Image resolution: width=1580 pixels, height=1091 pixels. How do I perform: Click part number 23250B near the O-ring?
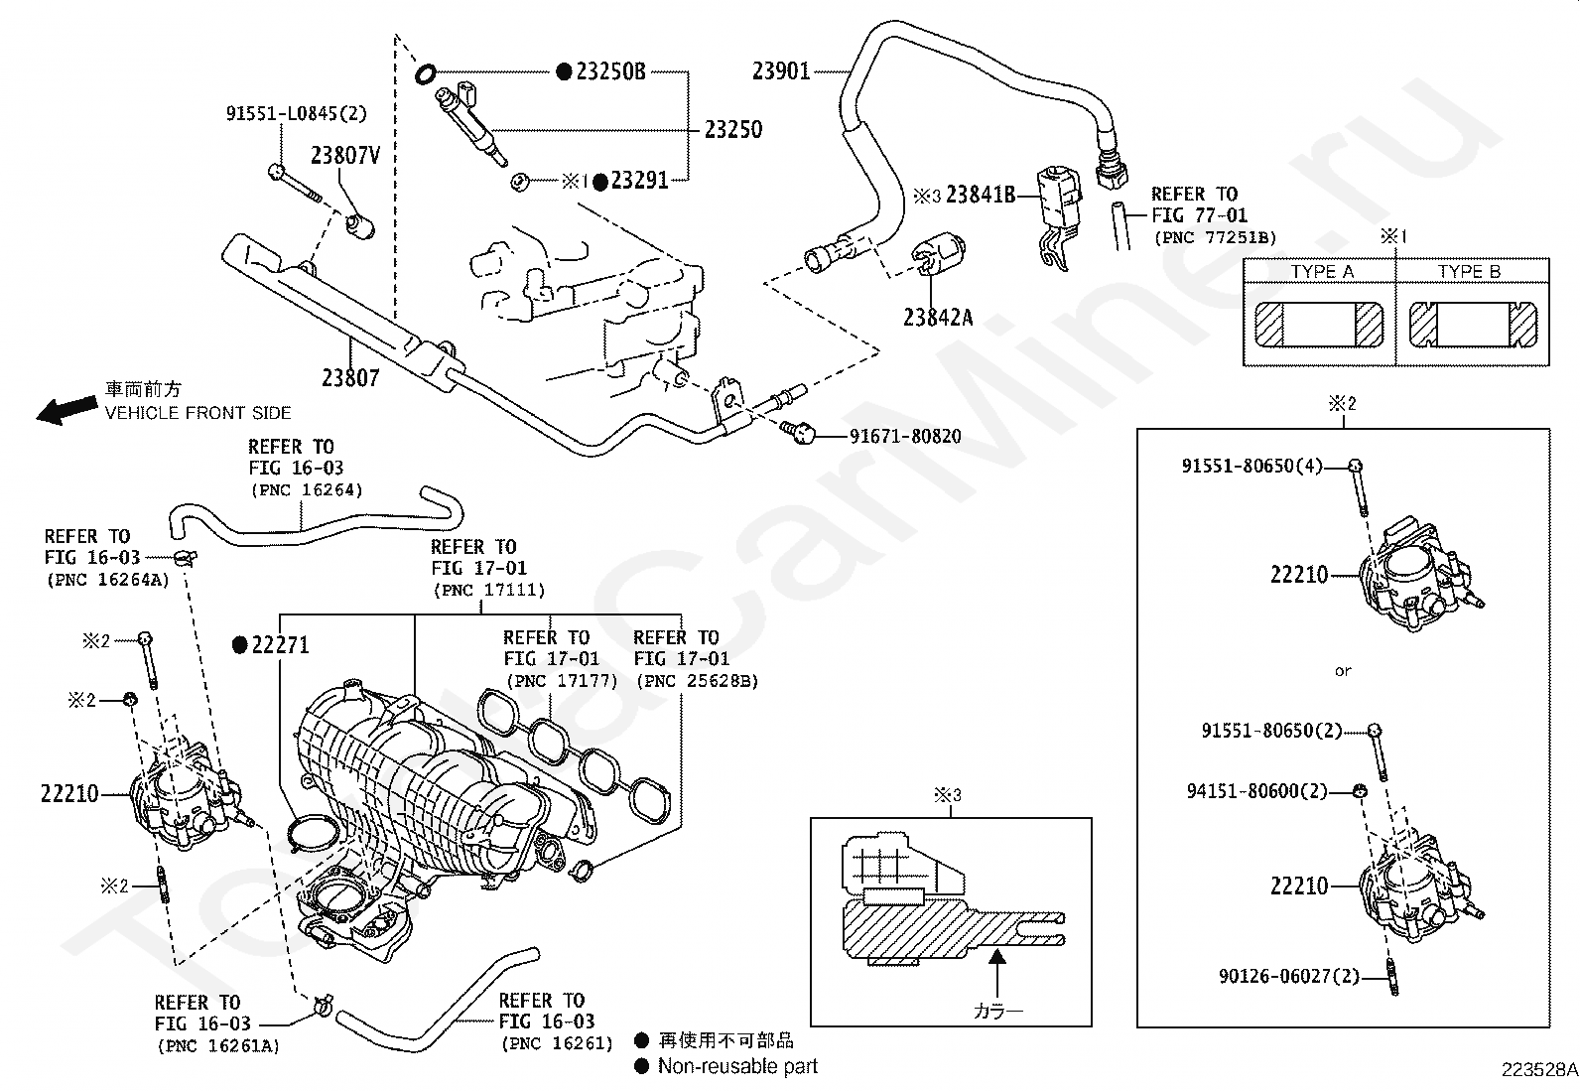(x=610, y=71)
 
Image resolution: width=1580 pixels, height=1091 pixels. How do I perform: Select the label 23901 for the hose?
(x=781, y=71)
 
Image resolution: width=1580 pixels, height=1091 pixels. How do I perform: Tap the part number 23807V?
(x=345, y=155)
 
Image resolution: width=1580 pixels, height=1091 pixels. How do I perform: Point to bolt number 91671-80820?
(x=905, y=436)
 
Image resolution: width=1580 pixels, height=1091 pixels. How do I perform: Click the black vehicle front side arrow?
(x=67, y=409)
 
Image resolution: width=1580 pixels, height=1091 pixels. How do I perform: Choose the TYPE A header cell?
(x=1322, y=272)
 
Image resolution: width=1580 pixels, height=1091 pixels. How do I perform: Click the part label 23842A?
(x=938, y=319)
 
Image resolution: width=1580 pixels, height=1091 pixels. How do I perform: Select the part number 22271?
(x=280, y=645)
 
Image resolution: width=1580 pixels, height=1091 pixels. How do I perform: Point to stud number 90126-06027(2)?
(x=1288, y=976)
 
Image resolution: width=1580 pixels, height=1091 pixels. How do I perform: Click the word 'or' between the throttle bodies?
(x=1343, y=671)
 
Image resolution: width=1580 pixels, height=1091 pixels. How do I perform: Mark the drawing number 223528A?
(x=1539, y=1070)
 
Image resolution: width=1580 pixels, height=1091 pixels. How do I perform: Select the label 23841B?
(x=981, y=194)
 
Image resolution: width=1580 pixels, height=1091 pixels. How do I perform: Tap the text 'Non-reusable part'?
(x=737, y=1066)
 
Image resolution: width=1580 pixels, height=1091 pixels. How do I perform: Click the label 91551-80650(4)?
(x=1252, y=466)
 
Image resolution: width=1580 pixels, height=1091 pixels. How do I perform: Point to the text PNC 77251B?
(x=1216, y=238)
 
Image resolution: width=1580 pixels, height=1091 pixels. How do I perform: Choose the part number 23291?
(x=640, y=181)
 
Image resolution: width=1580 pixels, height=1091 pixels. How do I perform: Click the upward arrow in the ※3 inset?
(x=996, y=973)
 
